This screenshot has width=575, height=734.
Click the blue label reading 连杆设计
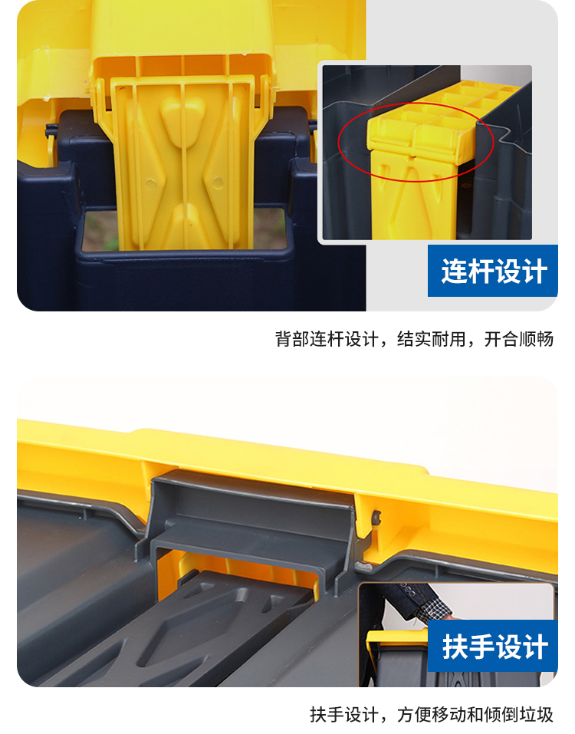[x=493, y=271]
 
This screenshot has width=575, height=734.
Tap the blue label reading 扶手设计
[x=493, y=646]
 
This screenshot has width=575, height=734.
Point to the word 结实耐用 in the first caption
[x=432, y=339]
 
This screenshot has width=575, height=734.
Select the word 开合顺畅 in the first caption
[x=519, y=339]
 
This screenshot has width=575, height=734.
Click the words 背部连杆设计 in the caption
[x=327, y=339]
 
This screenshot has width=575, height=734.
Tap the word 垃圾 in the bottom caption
[x=537, y=714]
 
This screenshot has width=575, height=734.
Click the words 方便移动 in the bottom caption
[x=432, y=714]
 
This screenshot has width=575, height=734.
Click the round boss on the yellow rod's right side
[x=218, y=181]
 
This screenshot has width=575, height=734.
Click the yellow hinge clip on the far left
[x=51, y=140]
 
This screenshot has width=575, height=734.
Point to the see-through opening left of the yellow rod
[x=100, y=231]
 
